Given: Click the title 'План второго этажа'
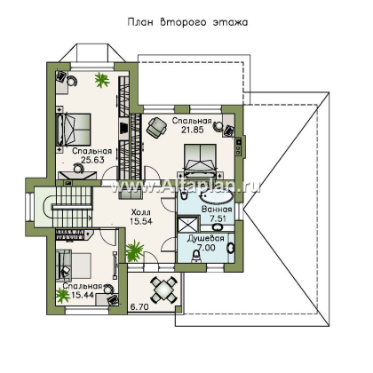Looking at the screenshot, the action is tap(187, 22).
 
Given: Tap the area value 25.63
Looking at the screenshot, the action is tap(92, 160).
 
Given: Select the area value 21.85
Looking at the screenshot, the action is tap(193, 130).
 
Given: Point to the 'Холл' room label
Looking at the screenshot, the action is tap(140, 212).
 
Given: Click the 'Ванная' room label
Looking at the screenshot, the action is tap(217, 210).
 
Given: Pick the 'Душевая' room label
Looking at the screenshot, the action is tap(205, 239).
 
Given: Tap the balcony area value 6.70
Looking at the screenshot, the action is tap(139, 307).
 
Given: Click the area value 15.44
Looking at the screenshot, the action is tap(83, 295).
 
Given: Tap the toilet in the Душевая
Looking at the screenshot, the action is tap(196, 256).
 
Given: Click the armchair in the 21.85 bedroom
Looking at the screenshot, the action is tap(157, 126).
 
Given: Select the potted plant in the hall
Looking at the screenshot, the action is tap(135, 250).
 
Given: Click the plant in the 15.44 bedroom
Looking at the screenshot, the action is tap(62, 296).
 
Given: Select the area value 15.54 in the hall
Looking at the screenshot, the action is tap(141, 221).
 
